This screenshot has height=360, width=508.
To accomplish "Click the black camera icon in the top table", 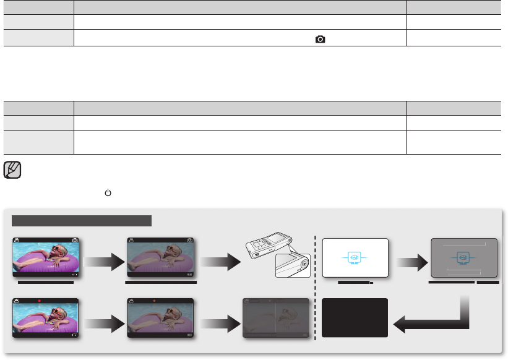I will click(x=320, y=38).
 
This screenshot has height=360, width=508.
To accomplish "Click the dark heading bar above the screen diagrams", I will click(x=82, y=221).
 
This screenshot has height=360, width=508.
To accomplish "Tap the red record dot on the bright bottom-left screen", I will click(x=40, y=301).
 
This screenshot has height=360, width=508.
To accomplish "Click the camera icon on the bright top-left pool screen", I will click(x=75, y=240).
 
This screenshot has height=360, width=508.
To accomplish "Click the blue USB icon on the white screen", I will click(x=354, y=256).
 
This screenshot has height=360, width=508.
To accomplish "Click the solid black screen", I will click(x=355, y=318).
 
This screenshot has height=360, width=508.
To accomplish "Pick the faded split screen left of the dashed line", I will click(x=277, y=317).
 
